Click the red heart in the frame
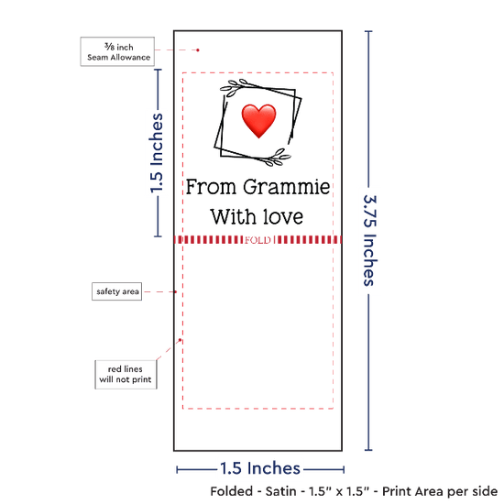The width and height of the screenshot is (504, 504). point(258,121)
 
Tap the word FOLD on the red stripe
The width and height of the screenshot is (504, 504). point(257,240)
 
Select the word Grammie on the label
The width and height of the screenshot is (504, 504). point(287,188)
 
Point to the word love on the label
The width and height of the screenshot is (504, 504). point(283,216)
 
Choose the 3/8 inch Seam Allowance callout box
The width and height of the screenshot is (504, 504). point(117,51)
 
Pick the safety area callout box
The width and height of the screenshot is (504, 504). point(117,291)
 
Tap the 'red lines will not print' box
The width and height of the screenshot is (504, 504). point(126,375)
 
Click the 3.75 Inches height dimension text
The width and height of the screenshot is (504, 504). point(369,240)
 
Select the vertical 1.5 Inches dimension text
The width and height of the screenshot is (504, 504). point(157,153)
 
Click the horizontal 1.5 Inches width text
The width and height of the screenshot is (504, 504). point(260,468)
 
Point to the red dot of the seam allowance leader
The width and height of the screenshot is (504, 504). point(198,50)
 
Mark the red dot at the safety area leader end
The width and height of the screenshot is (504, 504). point(175,291)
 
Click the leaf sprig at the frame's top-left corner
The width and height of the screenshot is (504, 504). point(235,87)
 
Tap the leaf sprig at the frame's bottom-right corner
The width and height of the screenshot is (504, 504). point(278,158)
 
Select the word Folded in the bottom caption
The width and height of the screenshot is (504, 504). point(232,491)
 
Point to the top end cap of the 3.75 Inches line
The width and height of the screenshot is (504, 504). point(368,31)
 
